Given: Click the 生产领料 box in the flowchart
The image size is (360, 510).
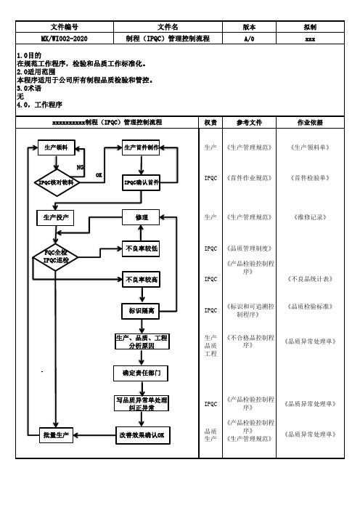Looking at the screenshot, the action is pos(57,147).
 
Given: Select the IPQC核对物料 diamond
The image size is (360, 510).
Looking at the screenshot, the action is pos(57,182).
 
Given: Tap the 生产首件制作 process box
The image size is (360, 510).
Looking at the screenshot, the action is pos(141,147).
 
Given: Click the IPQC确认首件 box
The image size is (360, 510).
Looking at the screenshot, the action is pos(141,183).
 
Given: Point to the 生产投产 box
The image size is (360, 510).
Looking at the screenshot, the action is pos(56,218).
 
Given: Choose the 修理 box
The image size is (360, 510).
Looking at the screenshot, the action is pos(141,217).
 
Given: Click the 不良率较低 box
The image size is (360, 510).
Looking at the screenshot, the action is pos(141,248).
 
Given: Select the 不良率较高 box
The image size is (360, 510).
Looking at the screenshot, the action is pos(141,280).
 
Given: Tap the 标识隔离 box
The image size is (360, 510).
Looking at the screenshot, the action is pos(140,311).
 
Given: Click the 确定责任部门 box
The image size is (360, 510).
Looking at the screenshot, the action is pos(141,373).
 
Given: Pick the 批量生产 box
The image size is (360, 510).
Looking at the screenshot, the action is pos(56,435).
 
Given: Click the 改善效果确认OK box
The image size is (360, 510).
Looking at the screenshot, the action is pos(143,435).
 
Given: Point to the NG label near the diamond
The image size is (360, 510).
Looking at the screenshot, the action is pos(80,167).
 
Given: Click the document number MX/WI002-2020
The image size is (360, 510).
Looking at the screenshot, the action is pos(65,39).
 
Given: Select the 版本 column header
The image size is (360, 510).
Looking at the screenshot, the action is pos(249,27).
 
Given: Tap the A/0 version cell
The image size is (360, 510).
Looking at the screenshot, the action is pos(249,39).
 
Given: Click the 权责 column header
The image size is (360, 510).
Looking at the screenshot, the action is pos(210,123).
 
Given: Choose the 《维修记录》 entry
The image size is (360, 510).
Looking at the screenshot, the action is pos(310,217).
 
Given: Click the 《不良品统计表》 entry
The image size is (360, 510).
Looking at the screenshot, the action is pos(310,279).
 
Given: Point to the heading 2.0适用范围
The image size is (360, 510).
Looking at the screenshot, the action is pos(36,72).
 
